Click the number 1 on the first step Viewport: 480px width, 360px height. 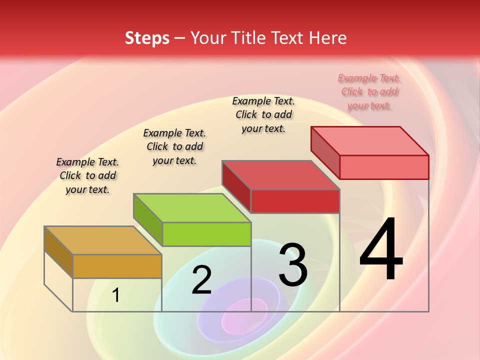coord(115,295)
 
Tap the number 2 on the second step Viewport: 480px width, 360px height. coord(201,280)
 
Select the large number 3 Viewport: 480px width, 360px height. coord(293,265)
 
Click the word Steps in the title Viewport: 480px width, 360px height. coord(147,38)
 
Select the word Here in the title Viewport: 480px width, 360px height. coord(327,38)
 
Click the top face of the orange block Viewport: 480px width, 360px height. coord(102,240)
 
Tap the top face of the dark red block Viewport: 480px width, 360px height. coord(280,175)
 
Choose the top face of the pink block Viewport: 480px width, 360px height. coord(370,140)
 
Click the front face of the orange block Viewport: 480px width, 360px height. coord(117,266)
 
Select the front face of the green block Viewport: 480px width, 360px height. coord(206,234)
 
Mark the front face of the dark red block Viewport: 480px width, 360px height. coord(295,201)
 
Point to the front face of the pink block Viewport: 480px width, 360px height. coord(384,167)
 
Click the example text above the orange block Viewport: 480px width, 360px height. coord(87,175)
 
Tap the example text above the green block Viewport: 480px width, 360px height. coord(174,146)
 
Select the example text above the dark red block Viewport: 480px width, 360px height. coord(263,114)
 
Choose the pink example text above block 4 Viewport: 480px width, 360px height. coord(369,91)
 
